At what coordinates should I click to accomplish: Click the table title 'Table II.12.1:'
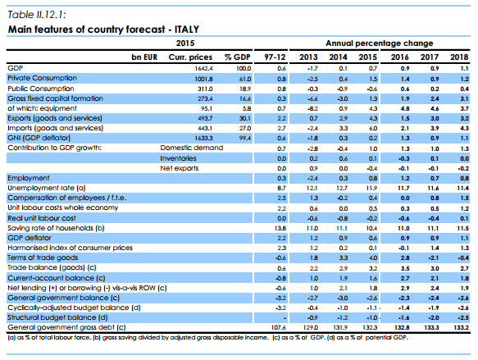[34, 13]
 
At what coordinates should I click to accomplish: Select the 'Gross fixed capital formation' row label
[50, 97]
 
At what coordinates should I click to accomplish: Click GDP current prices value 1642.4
[202, 66]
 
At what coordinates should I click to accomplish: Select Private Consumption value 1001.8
[202, 76]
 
